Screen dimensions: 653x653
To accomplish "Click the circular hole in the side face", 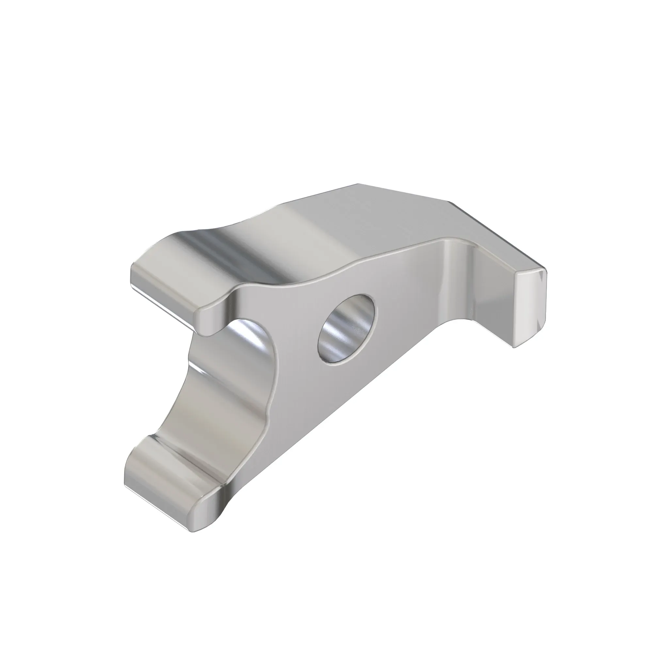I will point(346,329).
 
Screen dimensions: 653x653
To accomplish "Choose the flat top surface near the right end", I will point(422,216).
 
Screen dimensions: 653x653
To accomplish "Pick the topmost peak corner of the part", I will point(358,184).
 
